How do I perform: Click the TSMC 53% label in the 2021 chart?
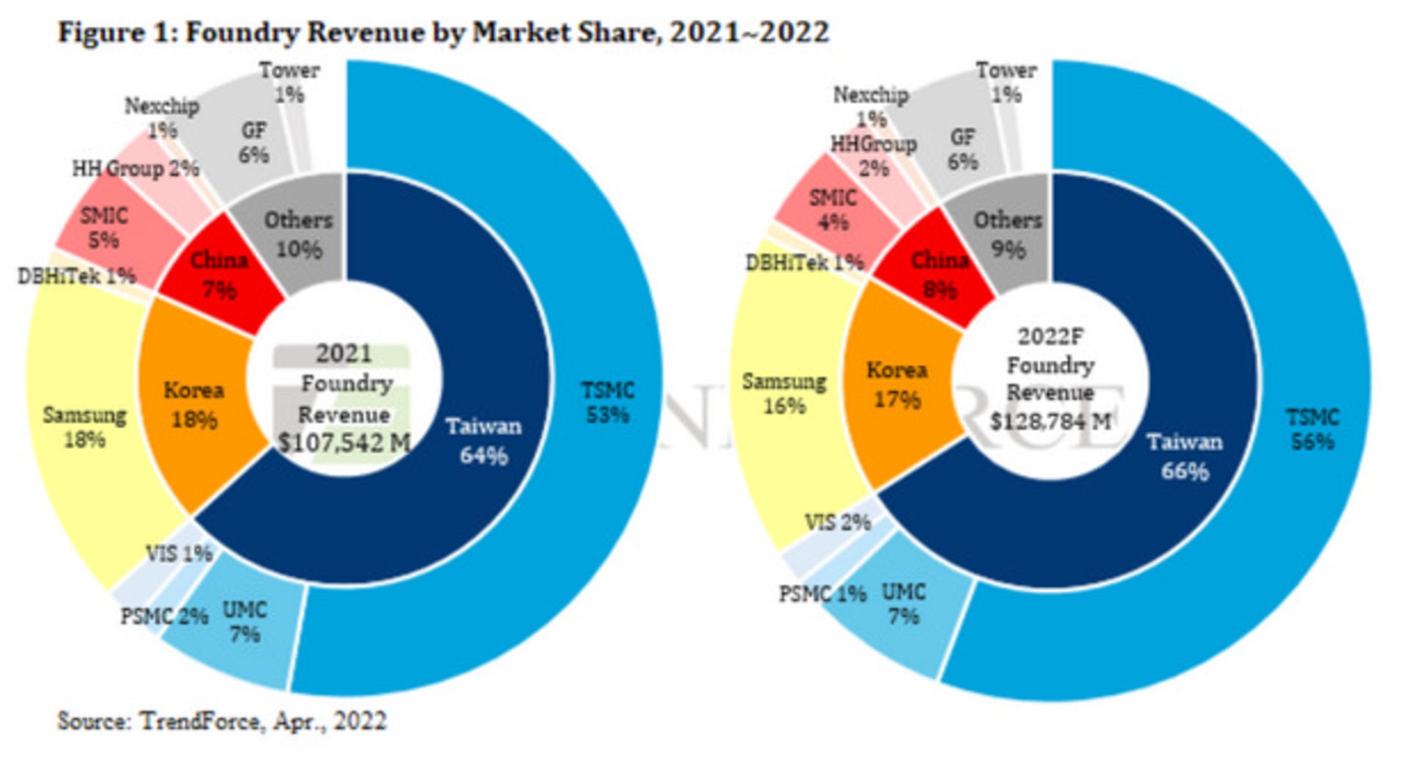click(x=607, y=403)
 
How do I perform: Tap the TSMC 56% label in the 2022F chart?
click(x=1312, y=430)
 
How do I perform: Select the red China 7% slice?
click(x=219, y=275)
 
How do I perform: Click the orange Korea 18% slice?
click(x=193, y=405)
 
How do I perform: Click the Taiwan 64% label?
click(x=483, y=441)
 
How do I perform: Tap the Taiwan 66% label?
click(x=1184, y=456)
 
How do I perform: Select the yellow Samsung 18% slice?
click(x=84, y=427)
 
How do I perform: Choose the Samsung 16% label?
click(x=784, y=393)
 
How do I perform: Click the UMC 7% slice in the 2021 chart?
click(x=244, y=623)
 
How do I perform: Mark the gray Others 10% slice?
click(x=298, y=234)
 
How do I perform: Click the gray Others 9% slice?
click(x=1007, y=234)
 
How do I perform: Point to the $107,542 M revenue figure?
click(x=344, y=443)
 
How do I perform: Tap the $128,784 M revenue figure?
click(x=1050, y=421)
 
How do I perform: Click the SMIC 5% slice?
click(x=104, y=227)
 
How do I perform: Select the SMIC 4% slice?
click(x=833, y=210)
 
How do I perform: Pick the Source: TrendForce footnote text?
click(x=221, y=721)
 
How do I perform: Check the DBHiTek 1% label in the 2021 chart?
click(x=77, y=276)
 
